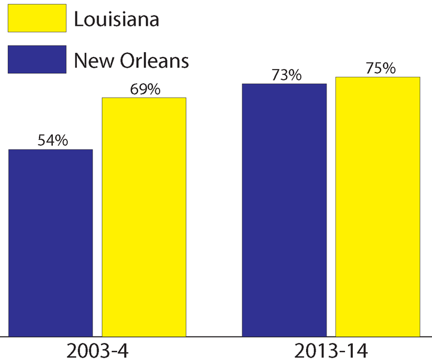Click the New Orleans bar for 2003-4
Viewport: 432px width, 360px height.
click(x=50, y=242)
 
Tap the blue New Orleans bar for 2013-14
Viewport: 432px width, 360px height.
click(x=284, y=209)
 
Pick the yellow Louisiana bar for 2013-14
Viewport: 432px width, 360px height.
click(x=377, y=206)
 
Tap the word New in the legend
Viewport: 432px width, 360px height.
click(x=91, y=60)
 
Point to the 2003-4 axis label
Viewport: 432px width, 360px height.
click(x=98, y=349)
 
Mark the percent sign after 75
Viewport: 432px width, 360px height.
click(x=389, y=68)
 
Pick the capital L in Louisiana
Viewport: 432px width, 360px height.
click(x=78, y=20)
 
